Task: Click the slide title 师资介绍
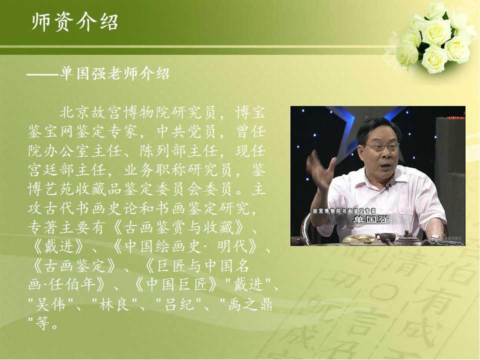click(75, 22)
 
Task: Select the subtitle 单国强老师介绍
click(114, 74)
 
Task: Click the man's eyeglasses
click(381, 147)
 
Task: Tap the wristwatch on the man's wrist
click(435, 236)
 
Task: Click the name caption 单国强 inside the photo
click(370, 219)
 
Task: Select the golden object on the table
click(360, 239)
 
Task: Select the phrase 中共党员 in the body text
click(186, 131)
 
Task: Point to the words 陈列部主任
click(179, 150)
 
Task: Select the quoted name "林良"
click(114, 304)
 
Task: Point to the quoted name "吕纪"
click(179, 304)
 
